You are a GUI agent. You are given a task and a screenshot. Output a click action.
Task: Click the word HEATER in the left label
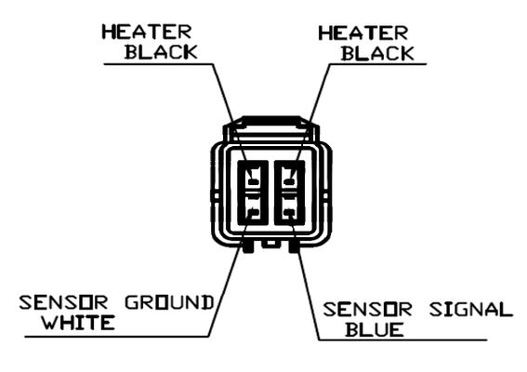147,32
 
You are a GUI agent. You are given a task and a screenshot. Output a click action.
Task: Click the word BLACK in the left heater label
161,52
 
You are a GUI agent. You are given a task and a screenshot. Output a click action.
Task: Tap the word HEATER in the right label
363,33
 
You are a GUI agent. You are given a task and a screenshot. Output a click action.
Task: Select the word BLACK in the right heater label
377,54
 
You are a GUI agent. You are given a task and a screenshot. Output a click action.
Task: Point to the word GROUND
170,302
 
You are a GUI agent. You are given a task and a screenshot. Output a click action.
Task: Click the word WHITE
78,322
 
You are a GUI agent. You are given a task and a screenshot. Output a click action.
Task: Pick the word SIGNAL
471,310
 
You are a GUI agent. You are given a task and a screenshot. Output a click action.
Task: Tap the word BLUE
375,329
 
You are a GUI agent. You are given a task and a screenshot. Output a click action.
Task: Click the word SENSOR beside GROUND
63,302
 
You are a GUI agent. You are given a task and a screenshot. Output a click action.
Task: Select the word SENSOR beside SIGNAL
368,310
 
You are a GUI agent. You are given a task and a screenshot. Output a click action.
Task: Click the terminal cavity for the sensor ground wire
253,209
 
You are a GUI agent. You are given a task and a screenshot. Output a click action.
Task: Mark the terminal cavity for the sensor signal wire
289,209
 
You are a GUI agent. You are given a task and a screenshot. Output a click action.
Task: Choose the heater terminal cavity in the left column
253,178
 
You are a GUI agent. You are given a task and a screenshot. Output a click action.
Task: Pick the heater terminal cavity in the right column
289,178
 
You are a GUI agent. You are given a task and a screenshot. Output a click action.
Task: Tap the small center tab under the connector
271,244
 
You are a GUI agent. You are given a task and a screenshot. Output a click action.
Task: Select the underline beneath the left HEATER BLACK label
159,64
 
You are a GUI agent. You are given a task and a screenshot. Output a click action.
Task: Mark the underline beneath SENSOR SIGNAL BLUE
402,340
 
